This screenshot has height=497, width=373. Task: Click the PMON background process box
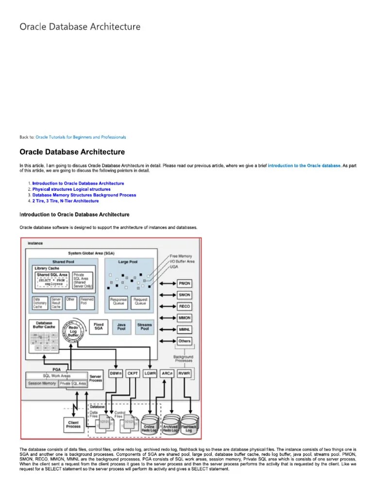click(185, 283)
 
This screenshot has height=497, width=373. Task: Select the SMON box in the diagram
click(185, 295)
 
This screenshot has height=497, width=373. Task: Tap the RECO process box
click(185, 306)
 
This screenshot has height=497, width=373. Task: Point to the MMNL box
click(185, 329)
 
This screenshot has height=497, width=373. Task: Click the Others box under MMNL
click(185, 341)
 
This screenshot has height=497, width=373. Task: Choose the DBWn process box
click(116, 373)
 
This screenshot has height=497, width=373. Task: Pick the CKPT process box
click(133, 373)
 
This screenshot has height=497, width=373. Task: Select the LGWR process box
click(150, 373)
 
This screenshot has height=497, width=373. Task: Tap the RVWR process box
click(184, 373)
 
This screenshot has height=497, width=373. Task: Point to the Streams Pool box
click(144, 327)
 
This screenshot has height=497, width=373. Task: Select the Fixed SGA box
click(98, 327)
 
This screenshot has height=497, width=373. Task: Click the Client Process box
click(73, 425)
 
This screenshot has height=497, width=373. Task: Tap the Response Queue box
click(118, 302)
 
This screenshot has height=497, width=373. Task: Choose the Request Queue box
click(140, 302)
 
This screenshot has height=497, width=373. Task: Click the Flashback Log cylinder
click(189, 426)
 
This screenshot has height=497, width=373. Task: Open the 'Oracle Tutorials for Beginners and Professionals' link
click(81, 137)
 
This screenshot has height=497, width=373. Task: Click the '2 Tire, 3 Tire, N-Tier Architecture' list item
click(66, 201)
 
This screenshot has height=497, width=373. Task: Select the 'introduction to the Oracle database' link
click(305, 166)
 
